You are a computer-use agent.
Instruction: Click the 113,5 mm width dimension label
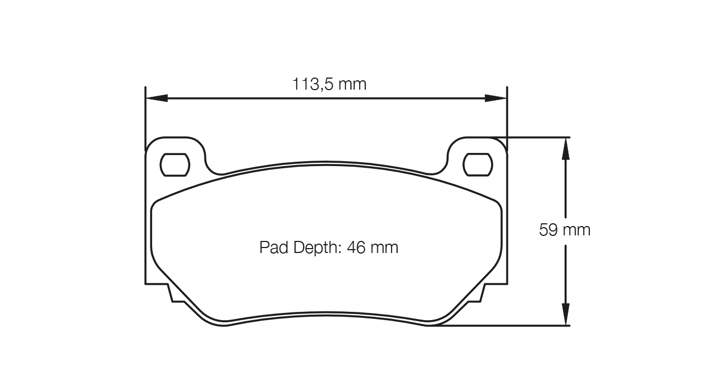click(329, 84)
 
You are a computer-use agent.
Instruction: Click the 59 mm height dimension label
click(565, 230)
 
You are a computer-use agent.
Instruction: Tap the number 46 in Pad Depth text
click(357, 248)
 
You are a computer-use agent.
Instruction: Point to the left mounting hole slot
click(175, 164)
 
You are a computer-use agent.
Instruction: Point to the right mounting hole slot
click(478, 164)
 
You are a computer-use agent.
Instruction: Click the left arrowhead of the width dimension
click(156, 98)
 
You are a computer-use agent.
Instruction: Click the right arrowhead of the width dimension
click(495, 98)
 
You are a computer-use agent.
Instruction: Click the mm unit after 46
click(384, 248)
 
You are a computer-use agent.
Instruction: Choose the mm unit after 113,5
click(352, 84)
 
